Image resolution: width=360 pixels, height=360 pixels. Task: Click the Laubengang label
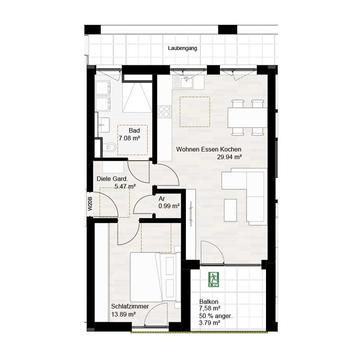[x=182, y=48]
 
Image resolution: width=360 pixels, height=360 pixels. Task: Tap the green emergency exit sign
[x=213, y=279]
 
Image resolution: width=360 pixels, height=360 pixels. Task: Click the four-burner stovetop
[x=164, y=111]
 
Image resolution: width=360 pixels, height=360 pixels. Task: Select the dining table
[x=246, y=118]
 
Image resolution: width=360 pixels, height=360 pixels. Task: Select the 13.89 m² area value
[x=123, y=315]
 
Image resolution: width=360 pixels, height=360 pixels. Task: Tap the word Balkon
[x=209, y=301]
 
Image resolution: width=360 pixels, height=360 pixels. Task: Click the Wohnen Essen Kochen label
[x=209, y=149]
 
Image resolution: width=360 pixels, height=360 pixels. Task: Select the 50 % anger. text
[x=216, y=315]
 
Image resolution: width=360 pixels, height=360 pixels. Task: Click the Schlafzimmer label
[x=130, y=306]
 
